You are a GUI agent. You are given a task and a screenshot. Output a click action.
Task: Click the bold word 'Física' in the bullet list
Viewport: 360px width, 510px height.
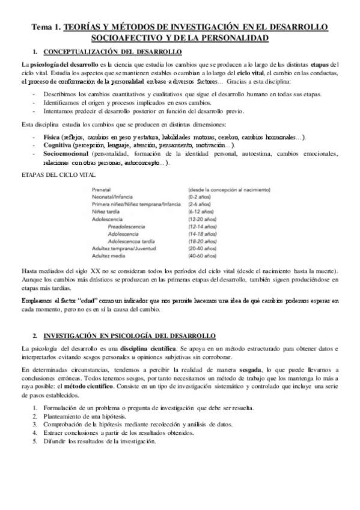53,137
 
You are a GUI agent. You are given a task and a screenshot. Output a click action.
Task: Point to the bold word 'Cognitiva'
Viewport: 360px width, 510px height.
58,146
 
